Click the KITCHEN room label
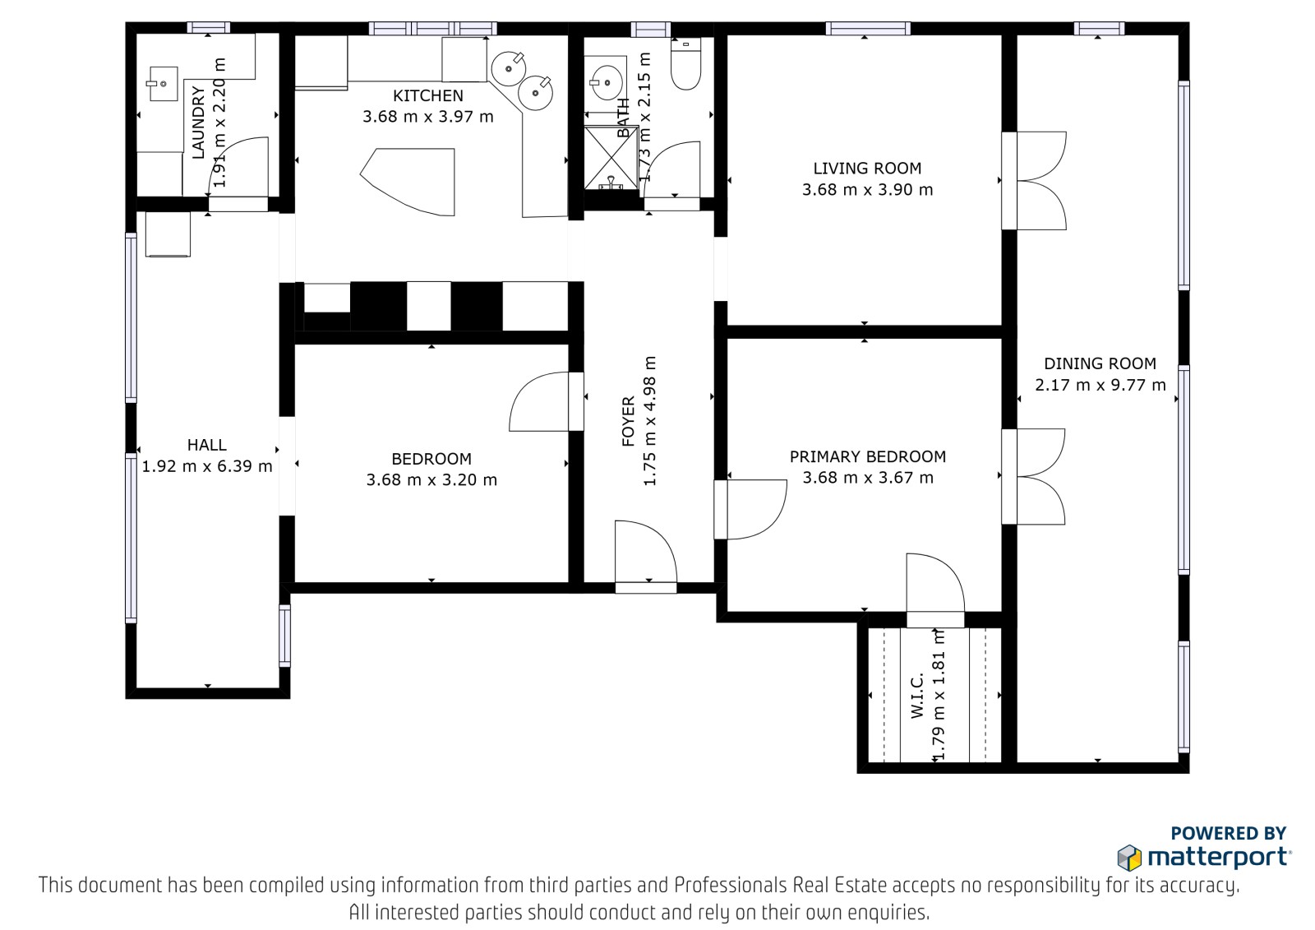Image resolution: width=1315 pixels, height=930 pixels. pos(428,95)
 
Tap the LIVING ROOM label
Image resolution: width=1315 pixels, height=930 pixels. pos(867,169)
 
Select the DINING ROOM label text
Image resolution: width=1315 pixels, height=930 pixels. pos(1100,363)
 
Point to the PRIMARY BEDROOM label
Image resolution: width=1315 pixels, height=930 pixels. pos(868,456)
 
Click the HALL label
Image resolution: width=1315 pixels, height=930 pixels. pos(206,445)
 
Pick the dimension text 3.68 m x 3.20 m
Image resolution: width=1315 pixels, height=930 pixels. pos(431,480)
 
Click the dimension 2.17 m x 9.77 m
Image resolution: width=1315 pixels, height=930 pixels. pos(1100,386)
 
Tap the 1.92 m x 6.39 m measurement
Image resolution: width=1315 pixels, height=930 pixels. pos(206,466)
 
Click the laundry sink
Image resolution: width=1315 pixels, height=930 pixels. pos(162,84)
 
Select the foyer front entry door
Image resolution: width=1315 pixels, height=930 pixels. pos(646,553)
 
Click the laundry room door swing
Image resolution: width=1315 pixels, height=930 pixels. pos(238,167)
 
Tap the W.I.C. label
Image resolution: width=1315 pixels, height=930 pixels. pos(917,696)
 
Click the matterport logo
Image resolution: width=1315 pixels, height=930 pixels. pos(1203,857)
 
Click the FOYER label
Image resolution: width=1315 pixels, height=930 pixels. pos(628,421)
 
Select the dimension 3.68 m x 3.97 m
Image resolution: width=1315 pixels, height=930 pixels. pos(428,117)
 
